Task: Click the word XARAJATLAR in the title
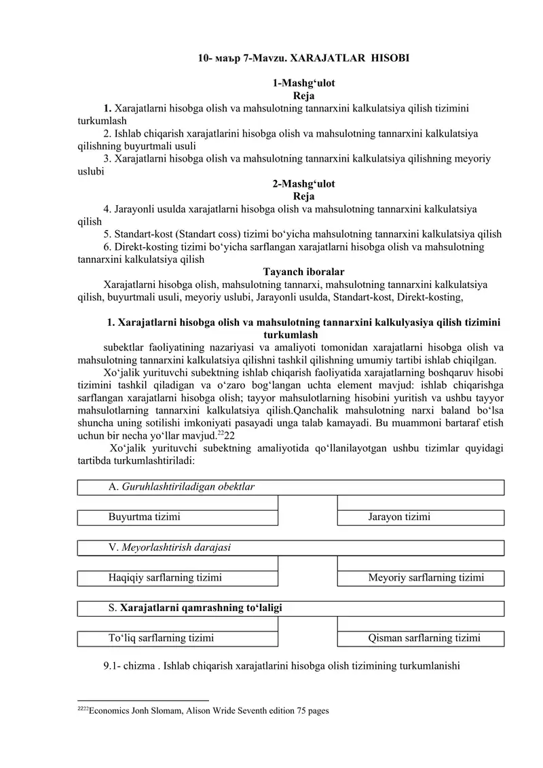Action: pyautogui.click(x=318, y=59)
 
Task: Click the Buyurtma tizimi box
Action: pyautogui.click(x=178, y=517)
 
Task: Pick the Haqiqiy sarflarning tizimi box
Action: pyautogui.click(x=178, y=578)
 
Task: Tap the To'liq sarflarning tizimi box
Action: pyautogui.click(x=178, y=638)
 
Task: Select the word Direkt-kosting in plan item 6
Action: pyautogui.click(x=147, y=247)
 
